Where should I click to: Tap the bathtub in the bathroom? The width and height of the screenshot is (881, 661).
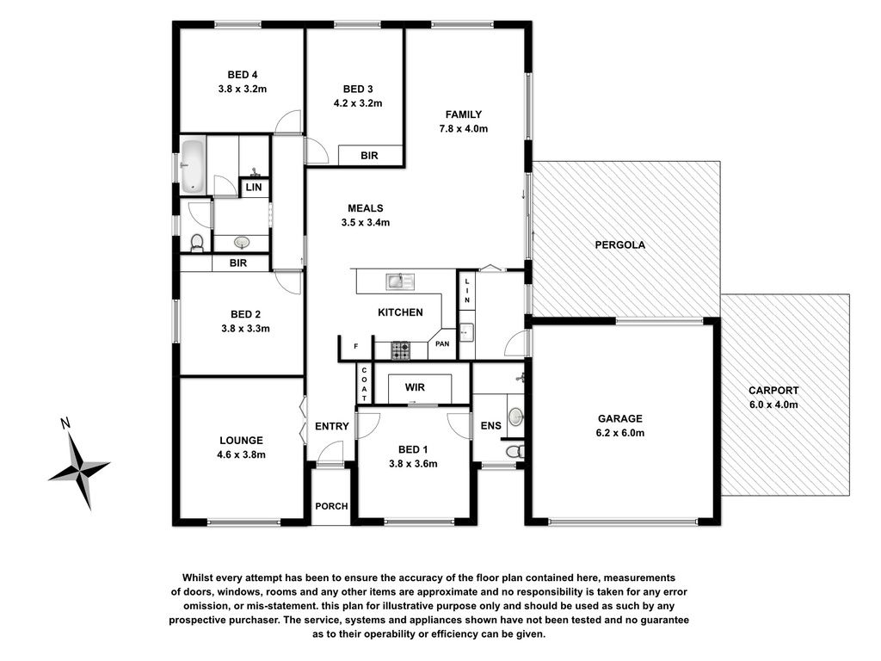[193, 166]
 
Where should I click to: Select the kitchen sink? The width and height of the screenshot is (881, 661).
[400, 281]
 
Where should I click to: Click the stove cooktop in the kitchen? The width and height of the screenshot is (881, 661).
[401, 350]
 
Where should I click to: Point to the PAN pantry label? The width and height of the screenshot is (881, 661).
[442, 343]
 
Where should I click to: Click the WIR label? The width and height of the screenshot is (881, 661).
[415, 387]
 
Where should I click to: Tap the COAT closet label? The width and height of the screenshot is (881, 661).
[364, 384]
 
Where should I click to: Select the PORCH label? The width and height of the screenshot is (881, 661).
[331, 506]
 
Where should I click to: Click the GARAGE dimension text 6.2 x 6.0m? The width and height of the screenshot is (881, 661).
[620, 433]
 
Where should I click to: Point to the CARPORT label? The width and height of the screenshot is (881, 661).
[773, 390]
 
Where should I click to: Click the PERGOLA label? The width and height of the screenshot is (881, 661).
[620, 244]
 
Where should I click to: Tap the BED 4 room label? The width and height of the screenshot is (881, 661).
[243, 74]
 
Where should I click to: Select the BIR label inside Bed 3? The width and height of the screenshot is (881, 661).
[369, 155]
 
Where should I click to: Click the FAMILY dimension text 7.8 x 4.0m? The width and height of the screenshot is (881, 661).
[464, 128]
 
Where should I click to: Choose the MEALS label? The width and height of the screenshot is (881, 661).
[365, 208]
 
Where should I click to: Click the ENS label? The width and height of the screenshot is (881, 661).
[490, 425]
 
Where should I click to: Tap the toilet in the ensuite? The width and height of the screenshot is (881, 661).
[514, 451]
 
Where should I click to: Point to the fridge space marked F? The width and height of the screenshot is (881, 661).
[355, 346]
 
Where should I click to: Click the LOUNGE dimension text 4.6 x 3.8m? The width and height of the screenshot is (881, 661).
[241, 454]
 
